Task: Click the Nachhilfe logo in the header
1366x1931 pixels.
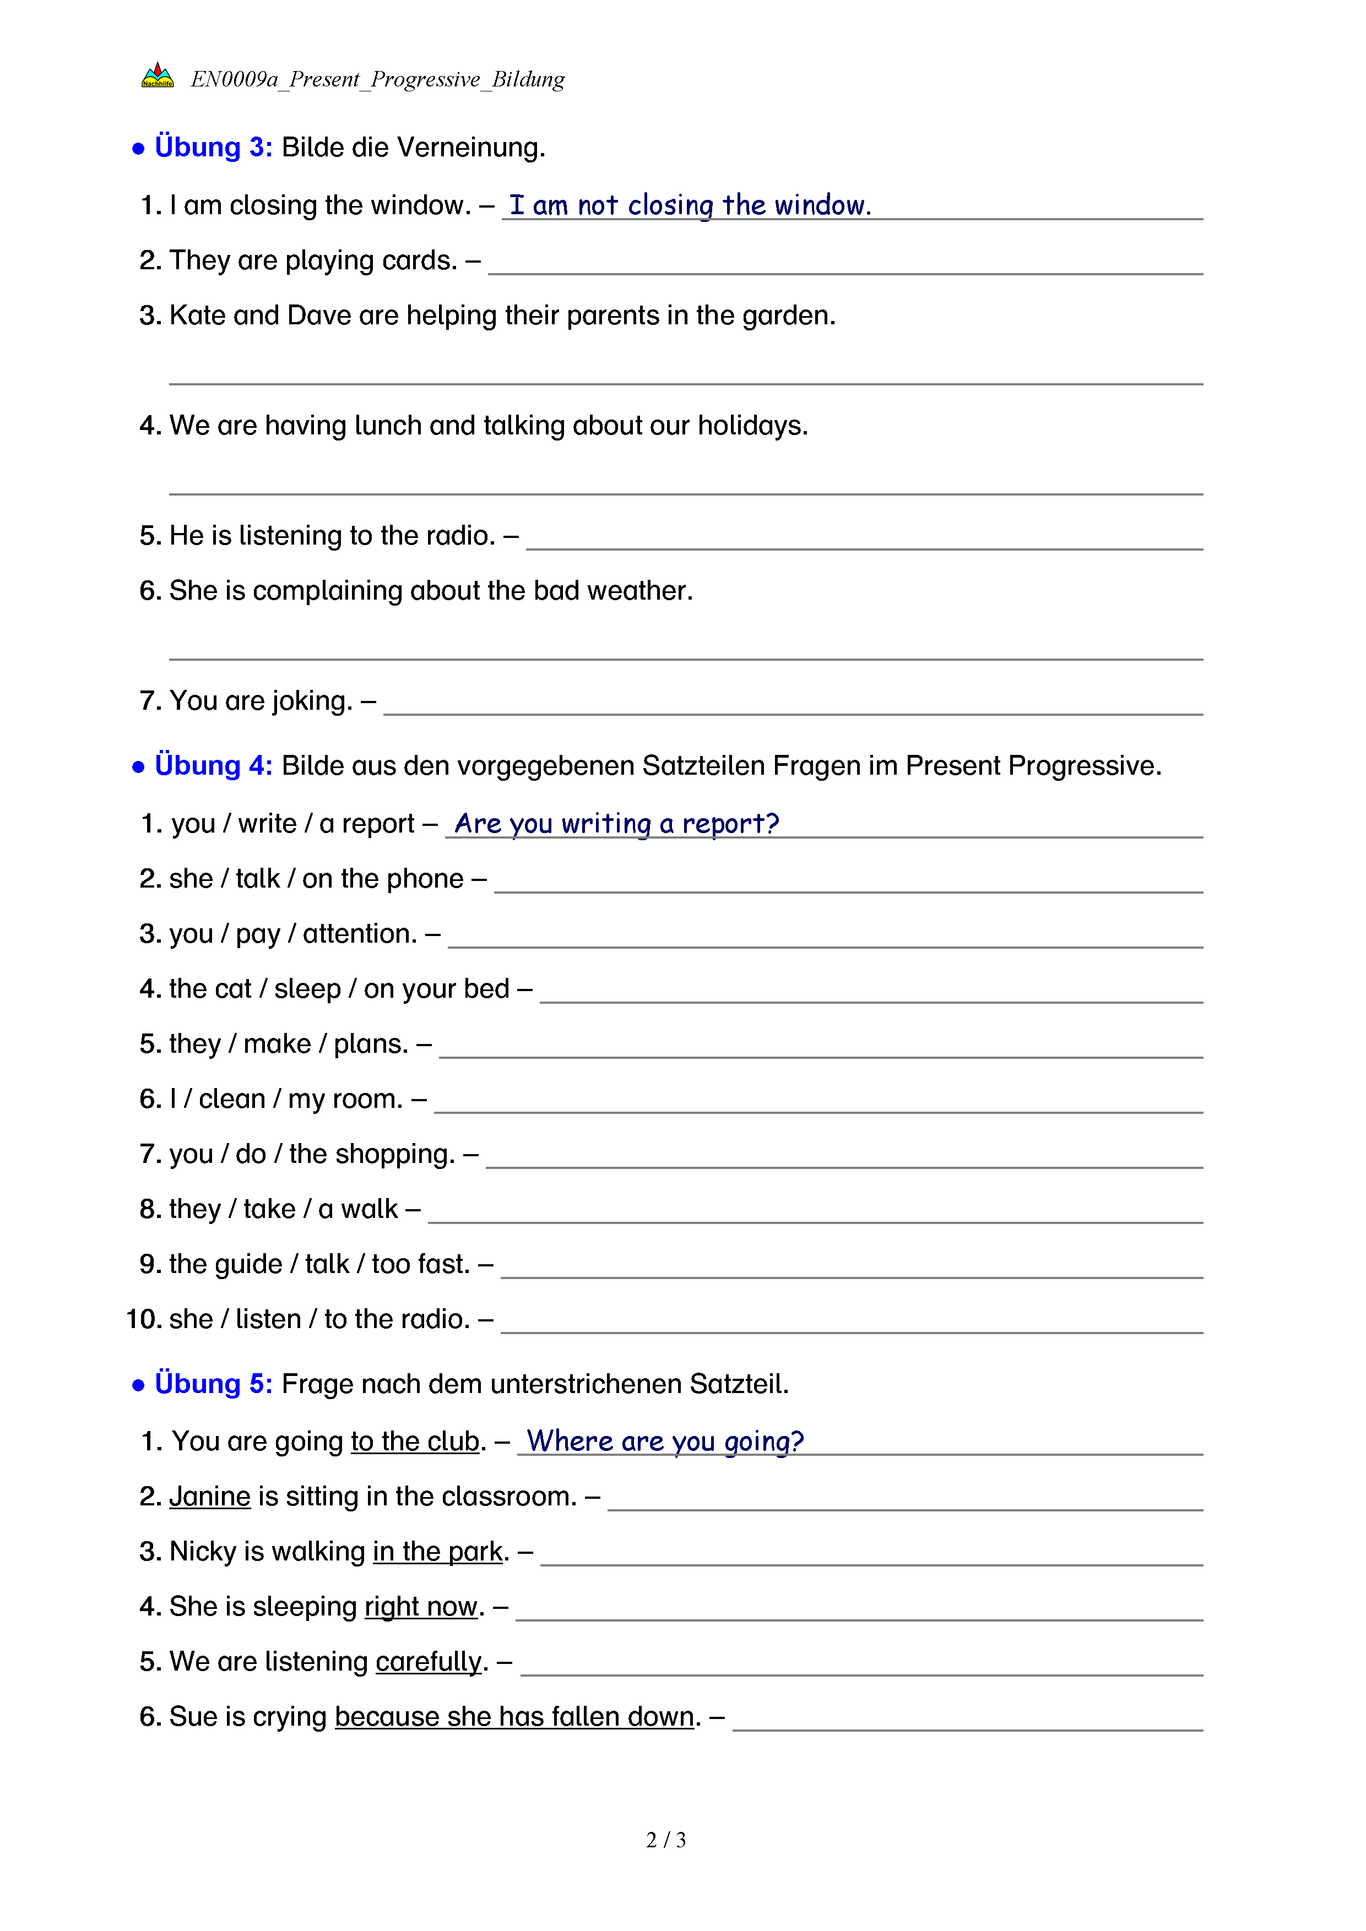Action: (x=158, y=75)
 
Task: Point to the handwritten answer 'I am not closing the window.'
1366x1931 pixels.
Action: (x=690, y=205)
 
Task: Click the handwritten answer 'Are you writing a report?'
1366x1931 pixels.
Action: (x=616, y=823)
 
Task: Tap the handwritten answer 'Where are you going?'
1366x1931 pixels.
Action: (x=664, y=1441)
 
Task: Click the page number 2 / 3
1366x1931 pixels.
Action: (x=665, y=1840)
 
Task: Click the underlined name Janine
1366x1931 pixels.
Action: (x=209, y=1496)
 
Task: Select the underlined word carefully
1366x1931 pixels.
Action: (x=428, y=1661)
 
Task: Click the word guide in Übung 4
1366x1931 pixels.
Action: (x=247, y=1264)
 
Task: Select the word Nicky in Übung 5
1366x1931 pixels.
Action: (x=203, y=1551)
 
